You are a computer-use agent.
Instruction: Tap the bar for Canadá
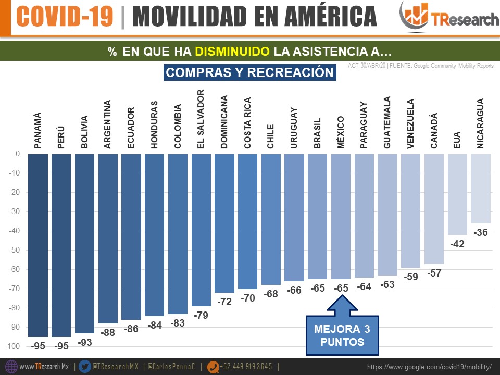click(434, 208)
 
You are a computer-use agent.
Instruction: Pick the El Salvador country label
click(201, 119)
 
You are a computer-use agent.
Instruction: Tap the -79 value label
click(201, 315)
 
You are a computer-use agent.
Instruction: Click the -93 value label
click(84, 342)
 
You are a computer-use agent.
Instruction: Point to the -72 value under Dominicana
click(224, 302)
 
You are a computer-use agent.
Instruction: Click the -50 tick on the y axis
click(14, 250)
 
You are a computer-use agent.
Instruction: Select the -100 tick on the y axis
click(12, 346)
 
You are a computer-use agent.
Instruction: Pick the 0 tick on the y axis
click(17, 154)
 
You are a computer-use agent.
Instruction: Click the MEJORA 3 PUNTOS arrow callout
click(342, 328)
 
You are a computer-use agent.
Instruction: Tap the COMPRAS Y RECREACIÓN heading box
click(250, 72)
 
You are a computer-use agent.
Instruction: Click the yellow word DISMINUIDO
click(233, 52)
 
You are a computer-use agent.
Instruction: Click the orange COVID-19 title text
click(65, 17)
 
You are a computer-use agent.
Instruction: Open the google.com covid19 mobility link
click(429, 367)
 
